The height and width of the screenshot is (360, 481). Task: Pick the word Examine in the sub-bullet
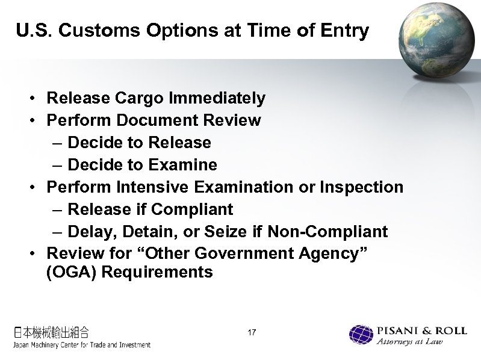(184, 165)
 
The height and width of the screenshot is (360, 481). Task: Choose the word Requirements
(157, 273)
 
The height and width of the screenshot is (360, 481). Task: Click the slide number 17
(252, 332)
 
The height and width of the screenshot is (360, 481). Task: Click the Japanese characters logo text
(52, 331)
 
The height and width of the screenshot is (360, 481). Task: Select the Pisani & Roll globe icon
(361, 335)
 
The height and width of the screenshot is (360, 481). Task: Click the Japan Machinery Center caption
(82, 345)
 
